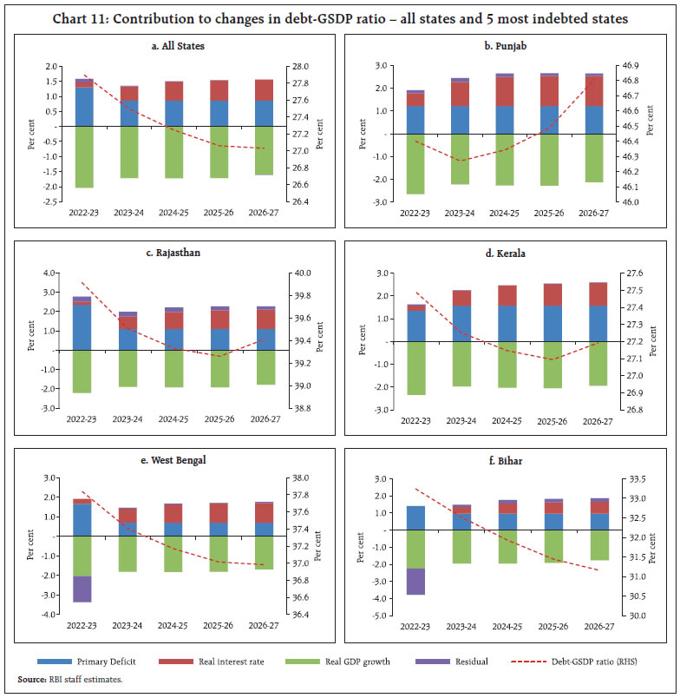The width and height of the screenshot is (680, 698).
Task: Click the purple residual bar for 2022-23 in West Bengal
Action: tap(82, 589)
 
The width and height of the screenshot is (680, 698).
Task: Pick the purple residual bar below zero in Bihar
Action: tap(416, 581)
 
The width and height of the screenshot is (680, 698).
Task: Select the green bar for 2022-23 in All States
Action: tap(84, 156)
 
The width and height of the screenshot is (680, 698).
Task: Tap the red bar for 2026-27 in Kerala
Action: tap(598, 293)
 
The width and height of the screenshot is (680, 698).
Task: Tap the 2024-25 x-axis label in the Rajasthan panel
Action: tap(174, 418)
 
